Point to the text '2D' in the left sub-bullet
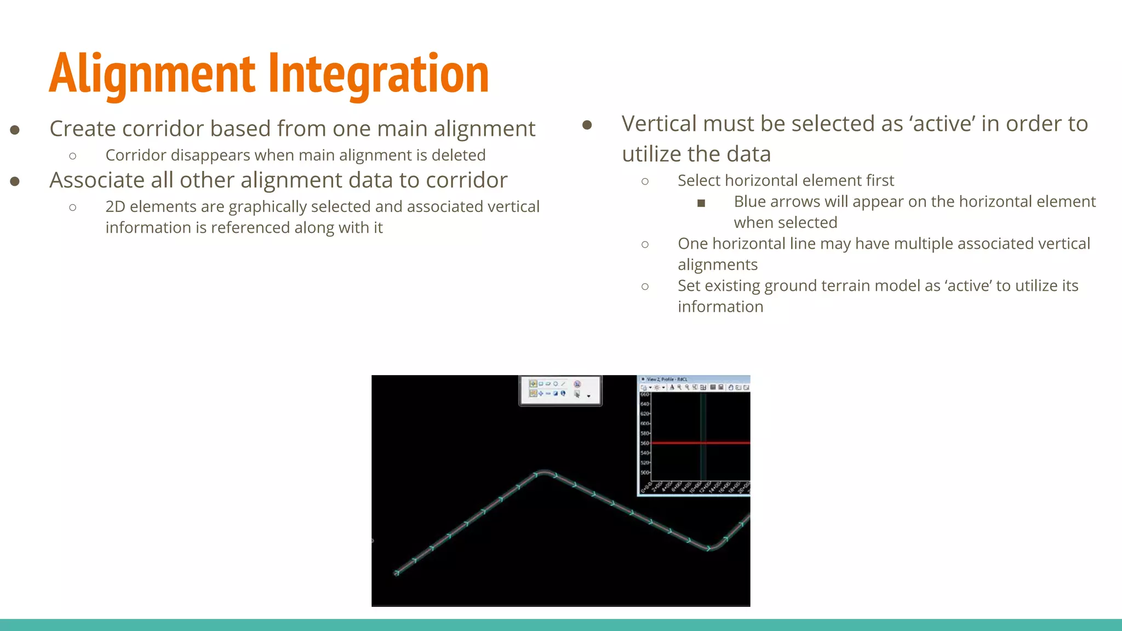[x=115, y=207]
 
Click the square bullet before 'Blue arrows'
[x=701, y=203]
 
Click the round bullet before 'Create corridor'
[x=15, y=130]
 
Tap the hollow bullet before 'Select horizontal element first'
[x=645, y=181]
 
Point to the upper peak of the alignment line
[x=543, y=472]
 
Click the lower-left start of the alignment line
[x=397, y=572]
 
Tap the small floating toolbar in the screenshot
[x=559, y=389]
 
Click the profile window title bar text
[x=667, y=379]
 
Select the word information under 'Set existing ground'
[x=720, y=307]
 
